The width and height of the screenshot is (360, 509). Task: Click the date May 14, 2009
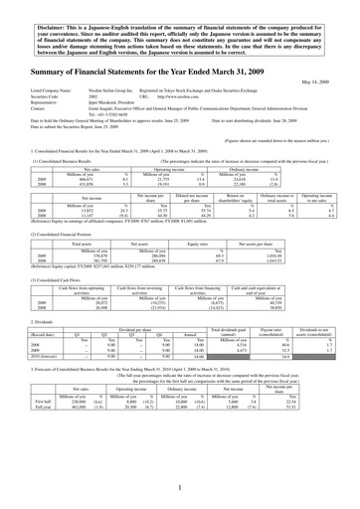[328, 82]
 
